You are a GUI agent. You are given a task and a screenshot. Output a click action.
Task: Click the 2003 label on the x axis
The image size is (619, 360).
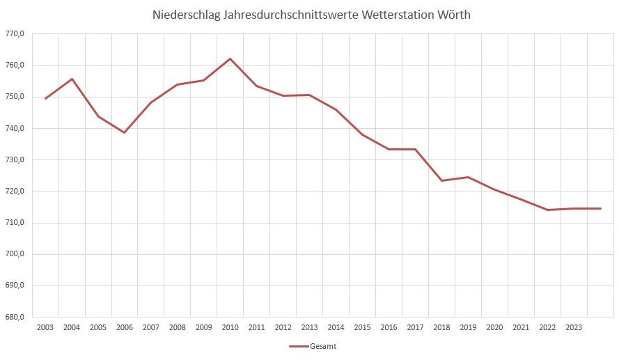point(45,327)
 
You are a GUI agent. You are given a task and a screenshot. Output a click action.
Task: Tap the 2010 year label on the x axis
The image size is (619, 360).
point(230,327)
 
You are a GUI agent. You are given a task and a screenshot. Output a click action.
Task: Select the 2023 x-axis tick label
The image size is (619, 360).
point(574,327)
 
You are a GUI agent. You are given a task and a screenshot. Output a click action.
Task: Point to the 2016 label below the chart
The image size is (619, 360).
point(389,327)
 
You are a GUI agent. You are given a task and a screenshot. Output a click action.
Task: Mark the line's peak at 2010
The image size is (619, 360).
point(230,58)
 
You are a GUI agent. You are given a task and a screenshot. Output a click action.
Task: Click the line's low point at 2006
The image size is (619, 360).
point(125,132)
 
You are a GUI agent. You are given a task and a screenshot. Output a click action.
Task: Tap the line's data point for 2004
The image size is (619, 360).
point(72,79)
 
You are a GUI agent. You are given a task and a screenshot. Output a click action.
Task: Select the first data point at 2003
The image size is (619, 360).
point(45,98)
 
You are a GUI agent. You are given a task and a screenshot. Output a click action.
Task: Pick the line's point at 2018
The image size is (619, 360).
point(441,181)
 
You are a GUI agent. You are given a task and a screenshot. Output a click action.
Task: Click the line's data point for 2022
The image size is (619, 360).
point(547,210)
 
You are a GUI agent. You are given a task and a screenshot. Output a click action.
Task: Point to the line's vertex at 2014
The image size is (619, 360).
point(336,109)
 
